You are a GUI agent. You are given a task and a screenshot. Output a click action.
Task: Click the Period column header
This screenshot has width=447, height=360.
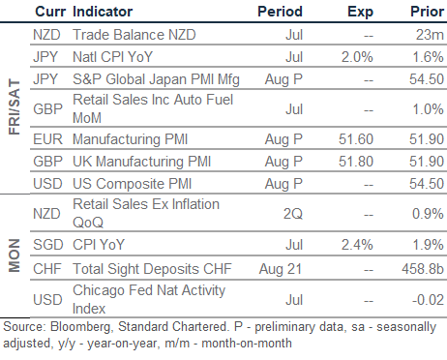[280, 12]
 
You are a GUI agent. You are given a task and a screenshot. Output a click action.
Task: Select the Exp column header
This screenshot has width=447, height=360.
[360, 13]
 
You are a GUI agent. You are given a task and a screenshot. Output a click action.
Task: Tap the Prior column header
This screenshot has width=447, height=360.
[427, 12]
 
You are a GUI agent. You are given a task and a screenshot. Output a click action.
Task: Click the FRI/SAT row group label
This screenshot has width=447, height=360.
[15, 106]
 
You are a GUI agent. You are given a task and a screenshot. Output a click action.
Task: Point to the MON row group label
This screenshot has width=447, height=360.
[15, 255]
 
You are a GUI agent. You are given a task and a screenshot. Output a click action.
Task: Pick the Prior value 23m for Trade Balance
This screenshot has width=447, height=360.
[430, 35]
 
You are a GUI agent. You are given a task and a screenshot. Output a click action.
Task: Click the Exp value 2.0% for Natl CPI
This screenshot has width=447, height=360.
[357, 57]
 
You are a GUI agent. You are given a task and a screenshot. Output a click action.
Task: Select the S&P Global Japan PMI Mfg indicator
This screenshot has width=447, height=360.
[156, 79]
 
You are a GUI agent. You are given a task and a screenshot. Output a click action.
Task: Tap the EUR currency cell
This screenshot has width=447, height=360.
[47, 139]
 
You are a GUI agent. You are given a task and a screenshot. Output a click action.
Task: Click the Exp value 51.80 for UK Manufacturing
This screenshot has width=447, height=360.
[356, 162]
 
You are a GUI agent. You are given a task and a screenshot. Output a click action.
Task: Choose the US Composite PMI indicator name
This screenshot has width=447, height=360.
[132, 184]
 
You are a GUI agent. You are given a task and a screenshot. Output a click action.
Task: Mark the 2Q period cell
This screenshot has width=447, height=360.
[293, 214]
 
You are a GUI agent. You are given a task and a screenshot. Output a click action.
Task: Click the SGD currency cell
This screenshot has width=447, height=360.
[48, 245]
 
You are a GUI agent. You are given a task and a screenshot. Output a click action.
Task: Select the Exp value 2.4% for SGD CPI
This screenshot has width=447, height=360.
[357, 245]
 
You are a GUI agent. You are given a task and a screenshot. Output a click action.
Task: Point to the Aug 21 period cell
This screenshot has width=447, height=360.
[281, 269]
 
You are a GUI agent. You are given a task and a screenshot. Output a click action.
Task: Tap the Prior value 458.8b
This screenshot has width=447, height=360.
[423, 269]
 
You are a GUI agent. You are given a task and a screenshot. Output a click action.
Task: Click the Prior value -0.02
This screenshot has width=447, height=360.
[428, 300]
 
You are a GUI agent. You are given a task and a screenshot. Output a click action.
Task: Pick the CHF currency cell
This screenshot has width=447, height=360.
[47, 269]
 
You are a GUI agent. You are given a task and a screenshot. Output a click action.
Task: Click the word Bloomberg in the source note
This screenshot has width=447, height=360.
[81, 327]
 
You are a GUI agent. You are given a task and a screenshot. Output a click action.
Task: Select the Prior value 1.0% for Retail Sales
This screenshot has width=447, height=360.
[428, 109]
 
